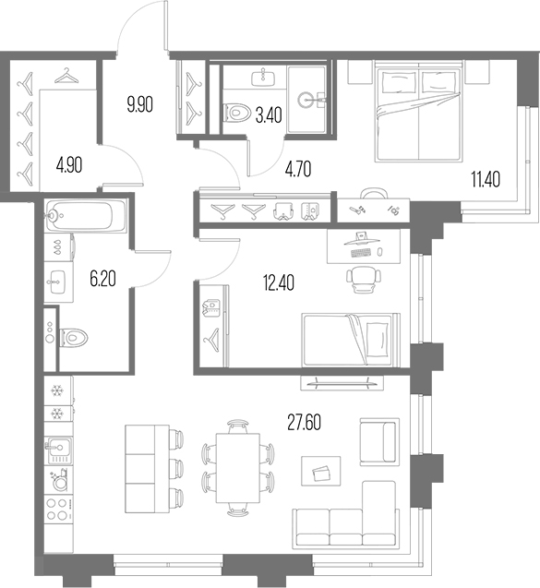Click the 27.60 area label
[304, 423]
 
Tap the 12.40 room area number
[279, 282]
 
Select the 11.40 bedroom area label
[486, 179]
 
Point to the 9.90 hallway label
[140, 104]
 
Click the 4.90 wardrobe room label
[69, 165]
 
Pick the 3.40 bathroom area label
[269, 115]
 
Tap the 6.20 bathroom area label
[102, 279]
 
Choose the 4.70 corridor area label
[298, 169]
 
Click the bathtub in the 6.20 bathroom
[85, 215]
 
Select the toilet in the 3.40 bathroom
[236, 112]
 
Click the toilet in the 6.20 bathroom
[74, 338]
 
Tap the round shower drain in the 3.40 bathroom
[306, 100]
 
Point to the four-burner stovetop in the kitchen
[58, 509]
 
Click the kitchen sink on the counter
[58, 451]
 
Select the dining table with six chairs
[238, 468]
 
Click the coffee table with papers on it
[321, 471]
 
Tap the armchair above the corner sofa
[379, 442]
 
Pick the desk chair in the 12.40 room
[364, 280]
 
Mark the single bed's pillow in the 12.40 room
[378, 340]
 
